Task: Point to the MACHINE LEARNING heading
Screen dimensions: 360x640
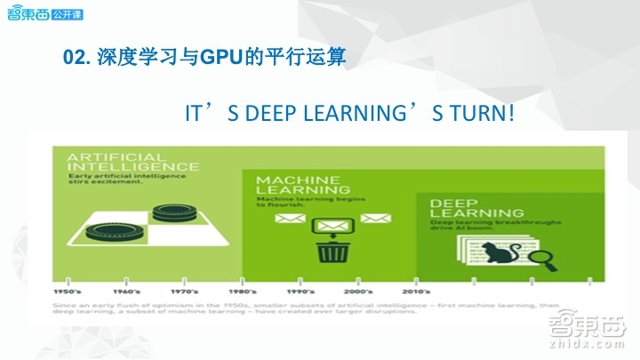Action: [298, 187]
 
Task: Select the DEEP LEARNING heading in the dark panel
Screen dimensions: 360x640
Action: [476, 208]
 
